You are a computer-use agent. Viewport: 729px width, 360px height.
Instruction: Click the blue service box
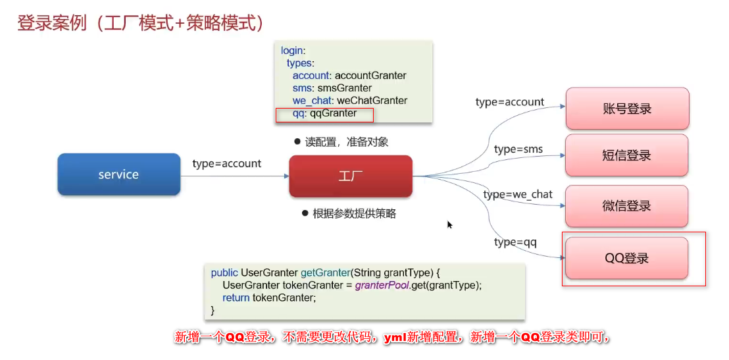point(118,174)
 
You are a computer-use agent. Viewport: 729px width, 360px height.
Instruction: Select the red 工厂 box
point(350,176)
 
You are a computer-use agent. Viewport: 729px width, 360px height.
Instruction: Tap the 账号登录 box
point(626,109)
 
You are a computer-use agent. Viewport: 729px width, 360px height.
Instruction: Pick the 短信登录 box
point(626,155)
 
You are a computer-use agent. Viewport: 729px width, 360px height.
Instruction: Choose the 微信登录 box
point(626,205)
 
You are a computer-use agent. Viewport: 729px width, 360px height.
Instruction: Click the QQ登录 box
point(626,258)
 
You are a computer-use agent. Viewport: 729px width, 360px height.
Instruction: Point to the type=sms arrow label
point(518,149)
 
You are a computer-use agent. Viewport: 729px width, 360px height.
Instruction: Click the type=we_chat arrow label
point(518,194)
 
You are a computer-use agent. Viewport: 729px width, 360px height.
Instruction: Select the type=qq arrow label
point(515,242)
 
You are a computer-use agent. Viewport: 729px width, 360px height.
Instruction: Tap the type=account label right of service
point(226,163)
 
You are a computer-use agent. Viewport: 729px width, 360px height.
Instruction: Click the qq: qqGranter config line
point(324,113)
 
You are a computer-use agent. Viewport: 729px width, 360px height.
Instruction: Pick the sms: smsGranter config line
point(332,88)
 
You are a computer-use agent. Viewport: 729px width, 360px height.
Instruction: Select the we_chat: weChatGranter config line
point(349,101)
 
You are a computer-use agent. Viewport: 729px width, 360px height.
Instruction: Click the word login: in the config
point(293,51)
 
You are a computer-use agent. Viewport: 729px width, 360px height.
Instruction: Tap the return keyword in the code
point(236,297)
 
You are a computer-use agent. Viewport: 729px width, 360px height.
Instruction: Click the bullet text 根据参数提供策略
point(354,213)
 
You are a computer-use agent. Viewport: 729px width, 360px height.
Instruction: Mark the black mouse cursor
point(450,224)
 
